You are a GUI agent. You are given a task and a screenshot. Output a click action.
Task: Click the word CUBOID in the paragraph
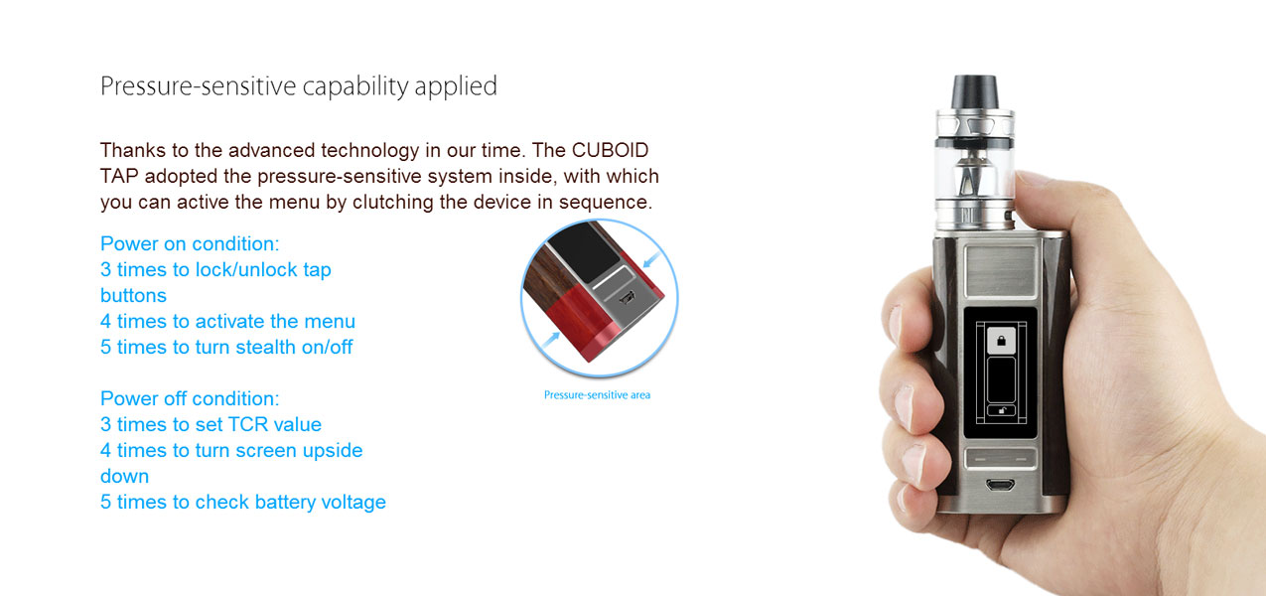point(610,150)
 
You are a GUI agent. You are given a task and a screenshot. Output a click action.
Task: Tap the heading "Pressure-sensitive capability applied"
point(299,86)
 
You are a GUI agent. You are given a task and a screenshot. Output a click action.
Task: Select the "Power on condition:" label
point(190,243)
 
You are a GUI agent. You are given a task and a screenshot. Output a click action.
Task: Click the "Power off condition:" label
point(190,398)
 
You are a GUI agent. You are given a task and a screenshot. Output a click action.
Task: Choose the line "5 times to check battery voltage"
point(243,503)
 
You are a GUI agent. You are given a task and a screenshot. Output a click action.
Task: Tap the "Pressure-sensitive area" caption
point(597,394)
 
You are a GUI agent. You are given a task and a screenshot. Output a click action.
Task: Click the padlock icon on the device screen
point(1001,341)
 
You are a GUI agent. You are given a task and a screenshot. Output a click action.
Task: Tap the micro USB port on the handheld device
point(1000,485)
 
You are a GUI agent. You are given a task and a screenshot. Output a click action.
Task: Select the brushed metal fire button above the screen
point(1000,271)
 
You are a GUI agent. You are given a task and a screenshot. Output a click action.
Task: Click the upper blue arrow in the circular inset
point(651,259)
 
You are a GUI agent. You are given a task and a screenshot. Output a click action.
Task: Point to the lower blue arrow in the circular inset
point(550,340)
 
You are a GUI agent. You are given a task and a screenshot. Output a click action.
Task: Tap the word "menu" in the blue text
point(330,321)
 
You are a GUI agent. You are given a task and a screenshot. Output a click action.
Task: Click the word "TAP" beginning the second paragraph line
point(119,176)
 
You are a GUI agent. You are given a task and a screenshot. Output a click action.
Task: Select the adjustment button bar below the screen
point(1000,459)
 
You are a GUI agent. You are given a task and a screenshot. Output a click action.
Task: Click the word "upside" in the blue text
point(333,451)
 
